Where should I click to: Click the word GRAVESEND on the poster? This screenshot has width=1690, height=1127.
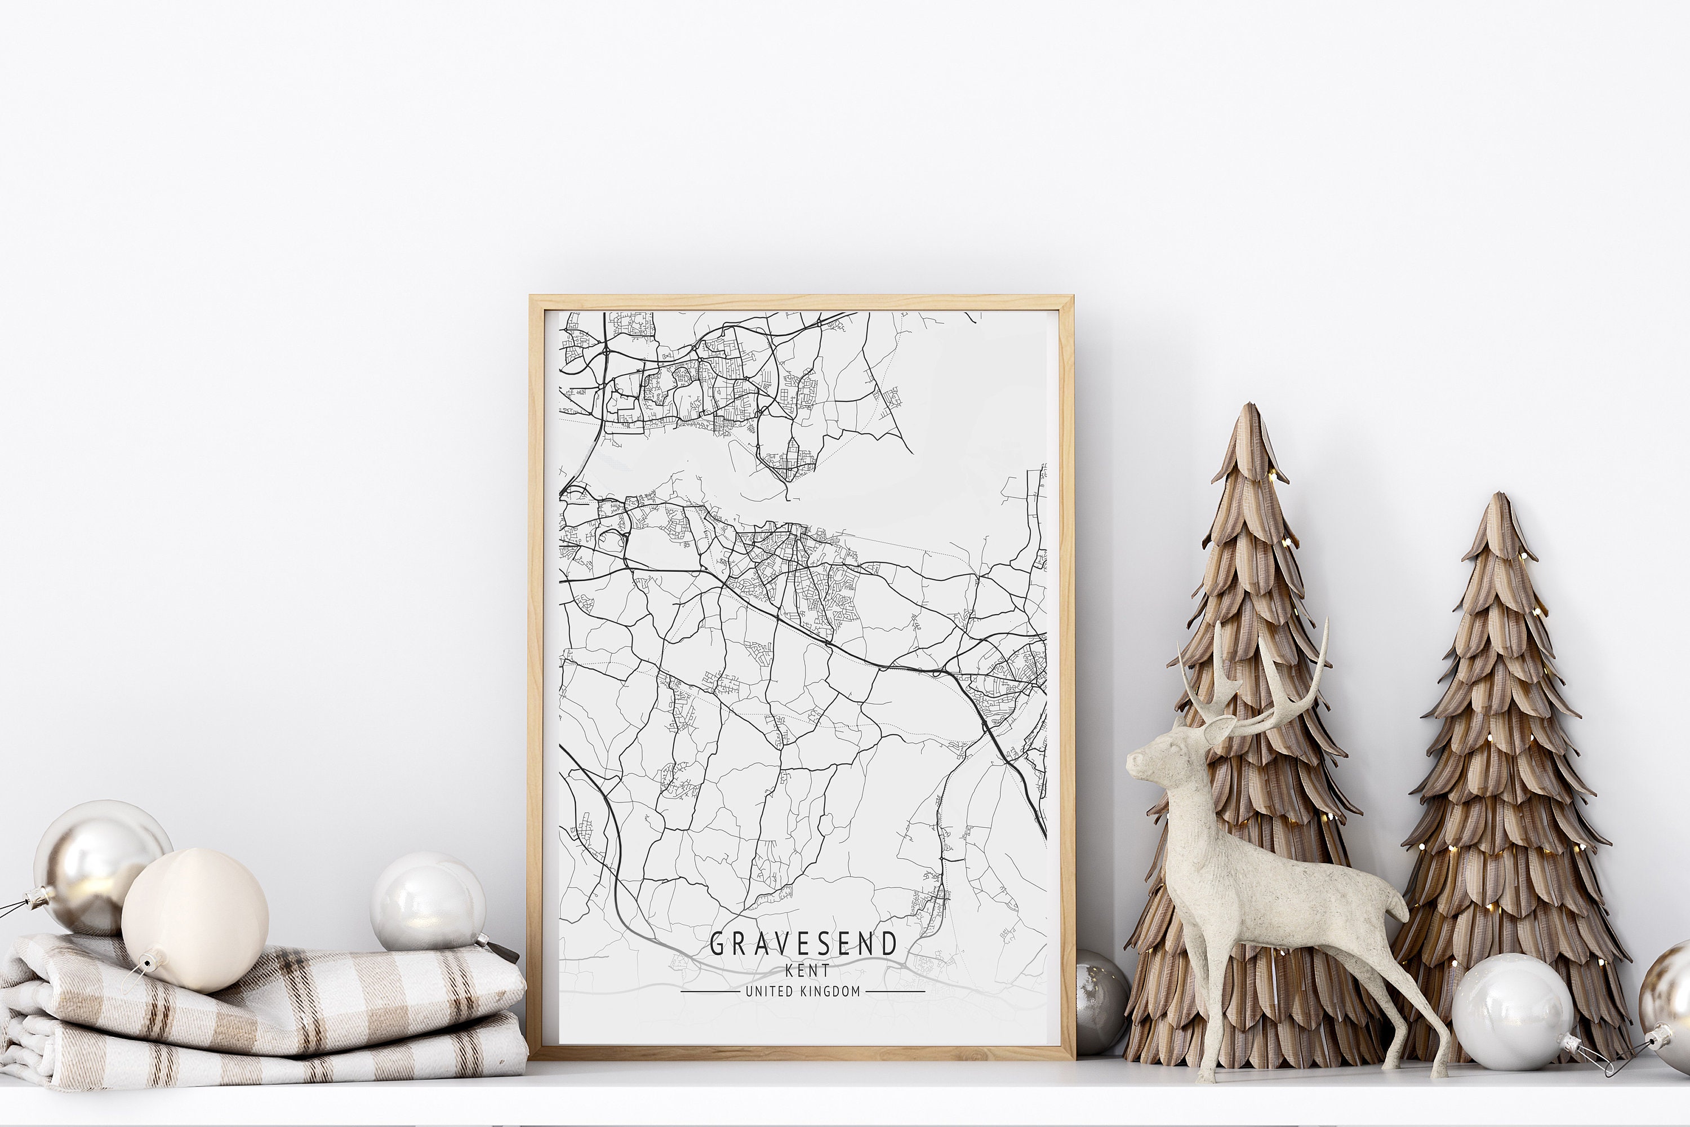(803, 944)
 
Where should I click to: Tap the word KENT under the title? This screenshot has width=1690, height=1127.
(807, 970)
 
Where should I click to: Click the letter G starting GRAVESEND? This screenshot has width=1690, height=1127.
(718, 944)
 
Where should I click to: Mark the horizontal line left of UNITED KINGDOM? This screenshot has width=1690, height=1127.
(709, 992)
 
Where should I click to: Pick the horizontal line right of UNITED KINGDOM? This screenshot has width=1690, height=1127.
(895, 992)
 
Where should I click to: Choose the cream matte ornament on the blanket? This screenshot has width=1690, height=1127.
(195, 920)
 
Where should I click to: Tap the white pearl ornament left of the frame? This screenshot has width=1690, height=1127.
(428, 902)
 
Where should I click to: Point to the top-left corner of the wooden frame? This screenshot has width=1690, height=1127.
(532, 297)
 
